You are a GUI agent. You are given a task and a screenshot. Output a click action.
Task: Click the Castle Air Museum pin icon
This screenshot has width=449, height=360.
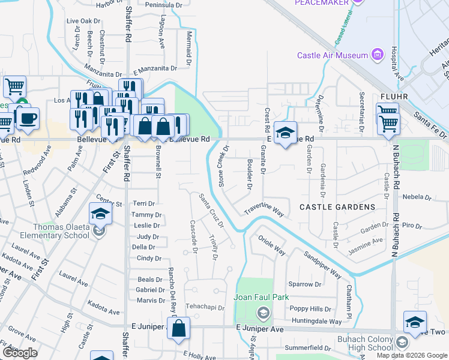coord(378,55)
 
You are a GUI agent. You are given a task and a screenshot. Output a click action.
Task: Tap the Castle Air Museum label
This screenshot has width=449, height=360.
coord(332,56)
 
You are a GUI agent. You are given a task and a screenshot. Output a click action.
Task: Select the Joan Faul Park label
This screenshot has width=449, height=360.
coord(262,297)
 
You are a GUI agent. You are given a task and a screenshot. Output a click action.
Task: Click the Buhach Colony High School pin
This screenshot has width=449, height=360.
coord(402,342)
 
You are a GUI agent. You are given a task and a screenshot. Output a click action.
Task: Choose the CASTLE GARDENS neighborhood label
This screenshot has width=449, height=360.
coord(338,207)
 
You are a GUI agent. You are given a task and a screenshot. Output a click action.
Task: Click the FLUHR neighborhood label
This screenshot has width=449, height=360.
coord(394,96)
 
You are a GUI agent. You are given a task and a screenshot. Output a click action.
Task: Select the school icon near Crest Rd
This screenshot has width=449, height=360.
coord(285,132)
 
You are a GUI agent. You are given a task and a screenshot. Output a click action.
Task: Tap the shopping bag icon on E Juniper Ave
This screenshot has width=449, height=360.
coord(179,329)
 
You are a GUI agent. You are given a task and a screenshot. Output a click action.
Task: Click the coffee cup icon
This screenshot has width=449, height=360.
coord(28,118)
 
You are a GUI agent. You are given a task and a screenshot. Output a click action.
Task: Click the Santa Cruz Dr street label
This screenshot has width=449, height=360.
coord(211,210)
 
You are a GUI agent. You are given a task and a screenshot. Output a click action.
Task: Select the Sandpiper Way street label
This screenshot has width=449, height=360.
coord(322,265)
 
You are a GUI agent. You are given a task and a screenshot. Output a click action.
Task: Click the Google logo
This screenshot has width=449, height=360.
coord(20,353)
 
